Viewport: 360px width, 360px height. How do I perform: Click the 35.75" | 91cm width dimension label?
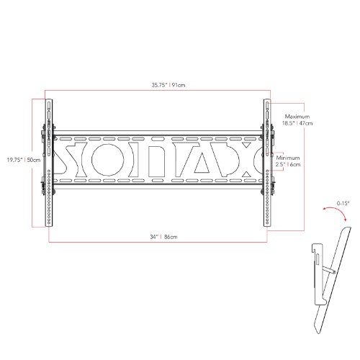(x=168, y=85)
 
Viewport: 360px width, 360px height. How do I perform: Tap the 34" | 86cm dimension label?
(x=163, y=237)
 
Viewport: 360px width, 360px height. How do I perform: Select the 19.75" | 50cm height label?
(x=24, y=160)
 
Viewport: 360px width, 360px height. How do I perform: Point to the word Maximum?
(x=297, y=117)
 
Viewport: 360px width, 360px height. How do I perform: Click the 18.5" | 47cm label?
(x=297, y=123)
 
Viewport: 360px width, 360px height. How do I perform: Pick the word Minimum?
(x=288, y=158)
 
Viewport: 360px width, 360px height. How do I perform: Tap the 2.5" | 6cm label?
(x=288, y=165)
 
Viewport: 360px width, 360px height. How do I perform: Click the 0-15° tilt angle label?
(x=343, y=204)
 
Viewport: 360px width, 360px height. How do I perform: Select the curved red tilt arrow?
(x=336, y=209)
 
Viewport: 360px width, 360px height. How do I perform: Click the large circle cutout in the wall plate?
(x=108, y=160)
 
